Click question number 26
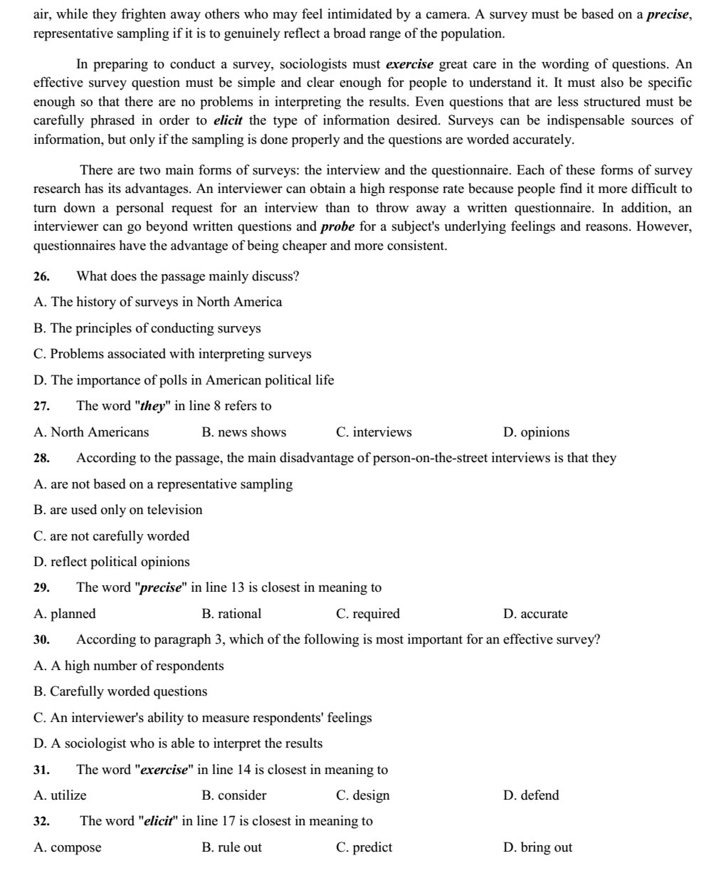(x=42, y=277)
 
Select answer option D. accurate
(x=535, y=614)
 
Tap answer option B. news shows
(x=244, y=432)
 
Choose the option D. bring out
(x=537, y=847)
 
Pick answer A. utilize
(x=60, y=795)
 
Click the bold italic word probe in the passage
(x=338, y=226)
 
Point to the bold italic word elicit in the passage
(x=228, y=120)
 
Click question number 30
(x=42, y=640)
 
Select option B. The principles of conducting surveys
(x=147, y=328)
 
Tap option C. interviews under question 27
(x=374, y=432)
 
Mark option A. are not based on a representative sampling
(x=163, y=484)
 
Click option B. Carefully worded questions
(x=120, y=691)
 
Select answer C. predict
(x=364, y=847)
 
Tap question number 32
(x=42, y=821)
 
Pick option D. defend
(x=531, y=795)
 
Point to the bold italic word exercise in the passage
(x=410, y=64)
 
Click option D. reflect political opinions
(x=112, y=562)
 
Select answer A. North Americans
(x=91, y=432)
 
